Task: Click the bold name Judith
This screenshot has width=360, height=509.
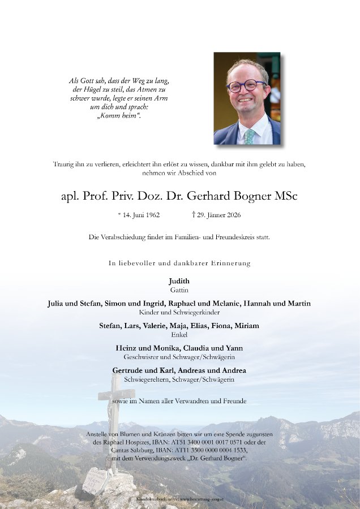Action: [179, 281]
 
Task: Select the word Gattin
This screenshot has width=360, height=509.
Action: [179, 290]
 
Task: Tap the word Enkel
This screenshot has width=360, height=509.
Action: [179, 335]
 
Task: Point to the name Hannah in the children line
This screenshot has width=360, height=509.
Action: [258, 304]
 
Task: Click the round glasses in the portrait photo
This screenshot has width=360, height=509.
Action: [246, 86]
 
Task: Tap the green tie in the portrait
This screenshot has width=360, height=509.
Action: [249, 136]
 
